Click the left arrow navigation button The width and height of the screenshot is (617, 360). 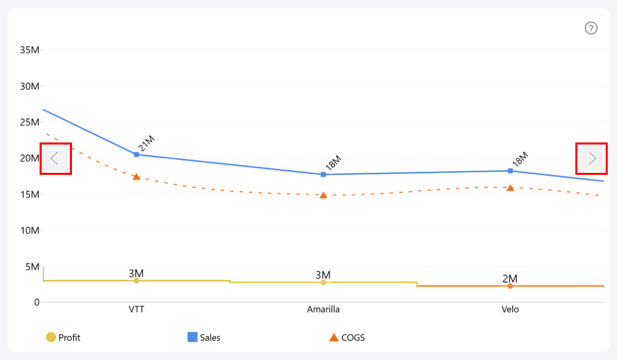click(56, 158)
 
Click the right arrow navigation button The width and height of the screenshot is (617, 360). click(591, 158)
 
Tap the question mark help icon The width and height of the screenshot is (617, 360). click(591, 28)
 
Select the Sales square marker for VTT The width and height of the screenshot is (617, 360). click(136, 154)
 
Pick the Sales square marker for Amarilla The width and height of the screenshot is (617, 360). click(323, 174)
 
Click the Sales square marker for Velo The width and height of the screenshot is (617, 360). click(510, 171)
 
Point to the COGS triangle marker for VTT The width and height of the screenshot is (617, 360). click(136, 177)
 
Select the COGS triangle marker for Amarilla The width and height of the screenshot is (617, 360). click(323, 195)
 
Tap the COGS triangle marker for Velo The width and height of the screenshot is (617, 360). click(510, 188)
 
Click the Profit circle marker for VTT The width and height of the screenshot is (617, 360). click(136, 281)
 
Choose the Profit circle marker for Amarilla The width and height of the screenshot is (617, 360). click(323, 282)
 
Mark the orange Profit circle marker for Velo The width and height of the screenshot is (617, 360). click(510, 286)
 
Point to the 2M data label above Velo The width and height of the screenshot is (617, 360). click(510, 279)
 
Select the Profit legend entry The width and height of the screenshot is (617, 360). click(63, 337)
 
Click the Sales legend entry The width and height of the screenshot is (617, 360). click(204, 337)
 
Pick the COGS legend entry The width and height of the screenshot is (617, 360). click(347, 337)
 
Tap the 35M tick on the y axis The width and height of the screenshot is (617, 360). click(29, 50)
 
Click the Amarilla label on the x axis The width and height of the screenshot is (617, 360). click(323, 310)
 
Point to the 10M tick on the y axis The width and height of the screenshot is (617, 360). click(29, 230)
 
